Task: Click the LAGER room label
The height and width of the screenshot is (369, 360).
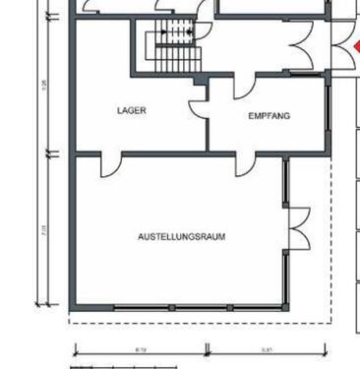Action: click(131, 111)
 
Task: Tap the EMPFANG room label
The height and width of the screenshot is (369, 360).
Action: click(269, 116)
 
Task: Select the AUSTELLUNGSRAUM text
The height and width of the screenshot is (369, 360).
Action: click(182, 237)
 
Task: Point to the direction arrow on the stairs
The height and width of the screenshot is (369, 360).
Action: click(177, 32)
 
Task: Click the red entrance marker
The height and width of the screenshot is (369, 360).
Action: click(355, 47)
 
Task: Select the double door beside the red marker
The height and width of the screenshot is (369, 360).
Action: click(306, 48)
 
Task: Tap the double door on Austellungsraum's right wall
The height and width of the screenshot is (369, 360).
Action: click(297, 228)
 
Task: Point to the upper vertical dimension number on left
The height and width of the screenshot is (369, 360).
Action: click(44, 86)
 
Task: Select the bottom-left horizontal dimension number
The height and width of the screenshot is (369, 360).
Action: click(141, 347)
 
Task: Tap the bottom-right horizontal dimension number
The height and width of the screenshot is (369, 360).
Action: click(268, 347)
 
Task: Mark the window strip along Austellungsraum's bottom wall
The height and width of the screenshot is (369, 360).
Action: click(197, 308)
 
